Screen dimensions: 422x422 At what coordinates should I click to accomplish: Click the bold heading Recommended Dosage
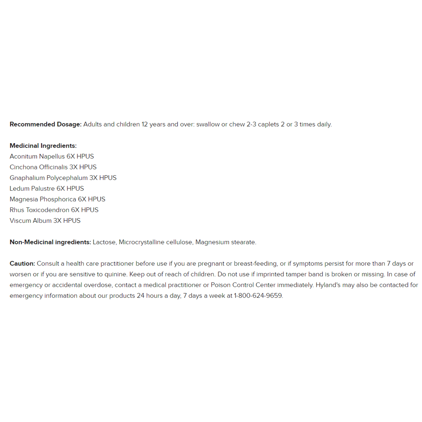pos(45,124)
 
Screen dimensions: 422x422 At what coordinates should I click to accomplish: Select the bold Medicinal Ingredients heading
pos(43,146)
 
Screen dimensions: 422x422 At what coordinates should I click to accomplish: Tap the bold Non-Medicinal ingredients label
pos(50,242)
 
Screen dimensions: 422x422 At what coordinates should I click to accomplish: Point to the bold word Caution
pos(22,264)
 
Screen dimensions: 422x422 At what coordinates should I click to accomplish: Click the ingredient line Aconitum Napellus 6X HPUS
pos(52,156)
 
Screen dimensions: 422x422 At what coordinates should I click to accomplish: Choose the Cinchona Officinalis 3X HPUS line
pos(53,167)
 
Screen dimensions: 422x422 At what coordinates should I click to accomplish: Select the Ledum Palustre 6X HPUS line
pos(47,189)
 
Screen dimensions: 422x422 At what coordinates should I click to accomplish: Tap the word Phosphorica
pos(58,199)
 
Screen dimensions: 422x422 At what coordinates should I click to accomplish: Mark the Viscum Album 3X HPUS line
pos(45,221)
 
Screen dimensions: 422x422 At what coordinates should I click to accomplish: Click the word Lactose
pos(104,242)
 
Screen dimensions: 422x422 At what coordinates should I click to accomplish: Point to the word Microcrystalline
pos(141,242)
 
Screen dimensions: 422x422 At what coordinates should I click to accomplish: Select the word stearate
pos(243,242)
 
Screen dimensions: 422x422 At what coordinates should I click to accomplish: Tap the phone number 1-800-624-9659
pos(258,296)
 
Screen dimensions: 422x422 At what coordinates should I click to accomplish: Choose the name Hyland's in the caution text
pos(328,285)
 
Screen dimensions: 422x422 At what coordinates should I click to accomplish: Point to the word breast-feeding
pos(255,264)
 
